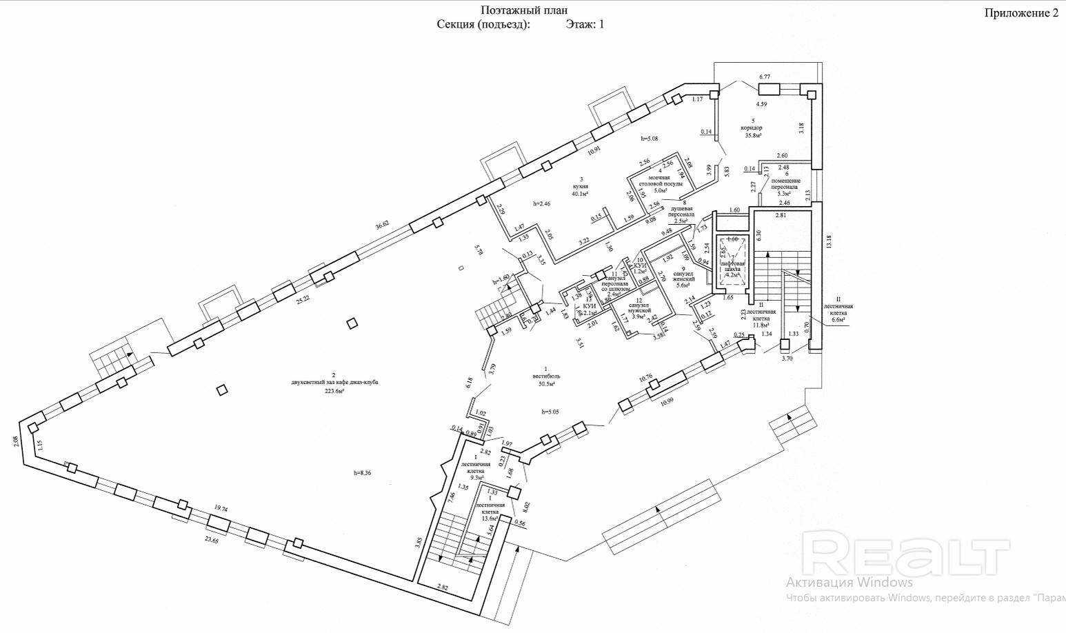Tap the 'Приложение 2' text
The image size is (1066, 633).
pyautogui.click(x=1020, y=13)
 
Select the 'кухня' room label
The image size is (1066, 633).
pyautogui.click(x=581, y=186)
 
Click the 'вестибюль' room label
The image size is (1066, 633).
pyautogui.click(x=546, y=376)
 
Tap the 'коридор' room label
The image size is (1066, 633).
pyautogui.click(x=753, y=128)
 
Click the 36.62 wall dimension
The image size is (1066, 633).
pyautogui.click(x=382, y=224)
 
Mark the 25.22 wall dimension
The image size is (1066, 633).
pyautogui.click(x=303, y=299)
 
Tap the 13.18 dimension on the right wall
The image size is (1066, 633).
pyautogui.click(x=829, y=241)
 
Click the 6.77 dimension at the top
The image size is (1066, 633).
pyautogui.click(x=763, y=77)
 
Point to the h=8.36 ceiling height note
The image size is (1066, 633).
pyautogui.click(x=363, y=472)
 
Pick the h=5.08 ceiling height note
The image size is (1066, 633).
pyautogui.click(x=650, y=139)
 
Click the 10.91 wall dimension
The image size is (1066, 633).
pyautogui.click(x=594, y=150)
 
